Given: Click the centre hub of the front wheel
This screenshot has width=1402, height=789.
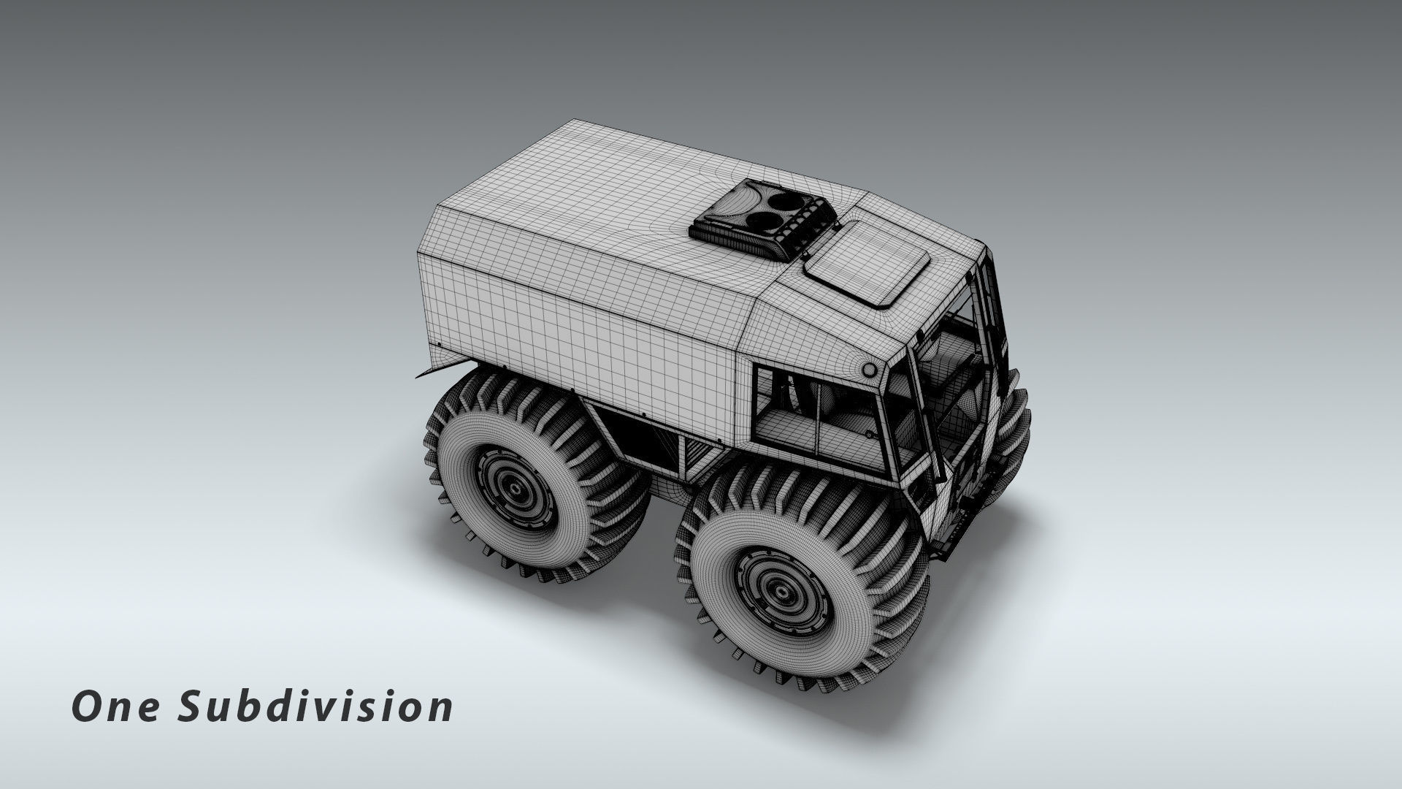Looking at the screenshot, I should pos(782,591).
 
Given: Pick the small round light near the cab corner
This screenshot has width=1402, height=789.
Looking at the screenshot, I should pos(869,369).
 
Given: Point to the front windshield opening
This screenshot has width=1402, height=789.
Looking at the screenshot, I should pos(949,394).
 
